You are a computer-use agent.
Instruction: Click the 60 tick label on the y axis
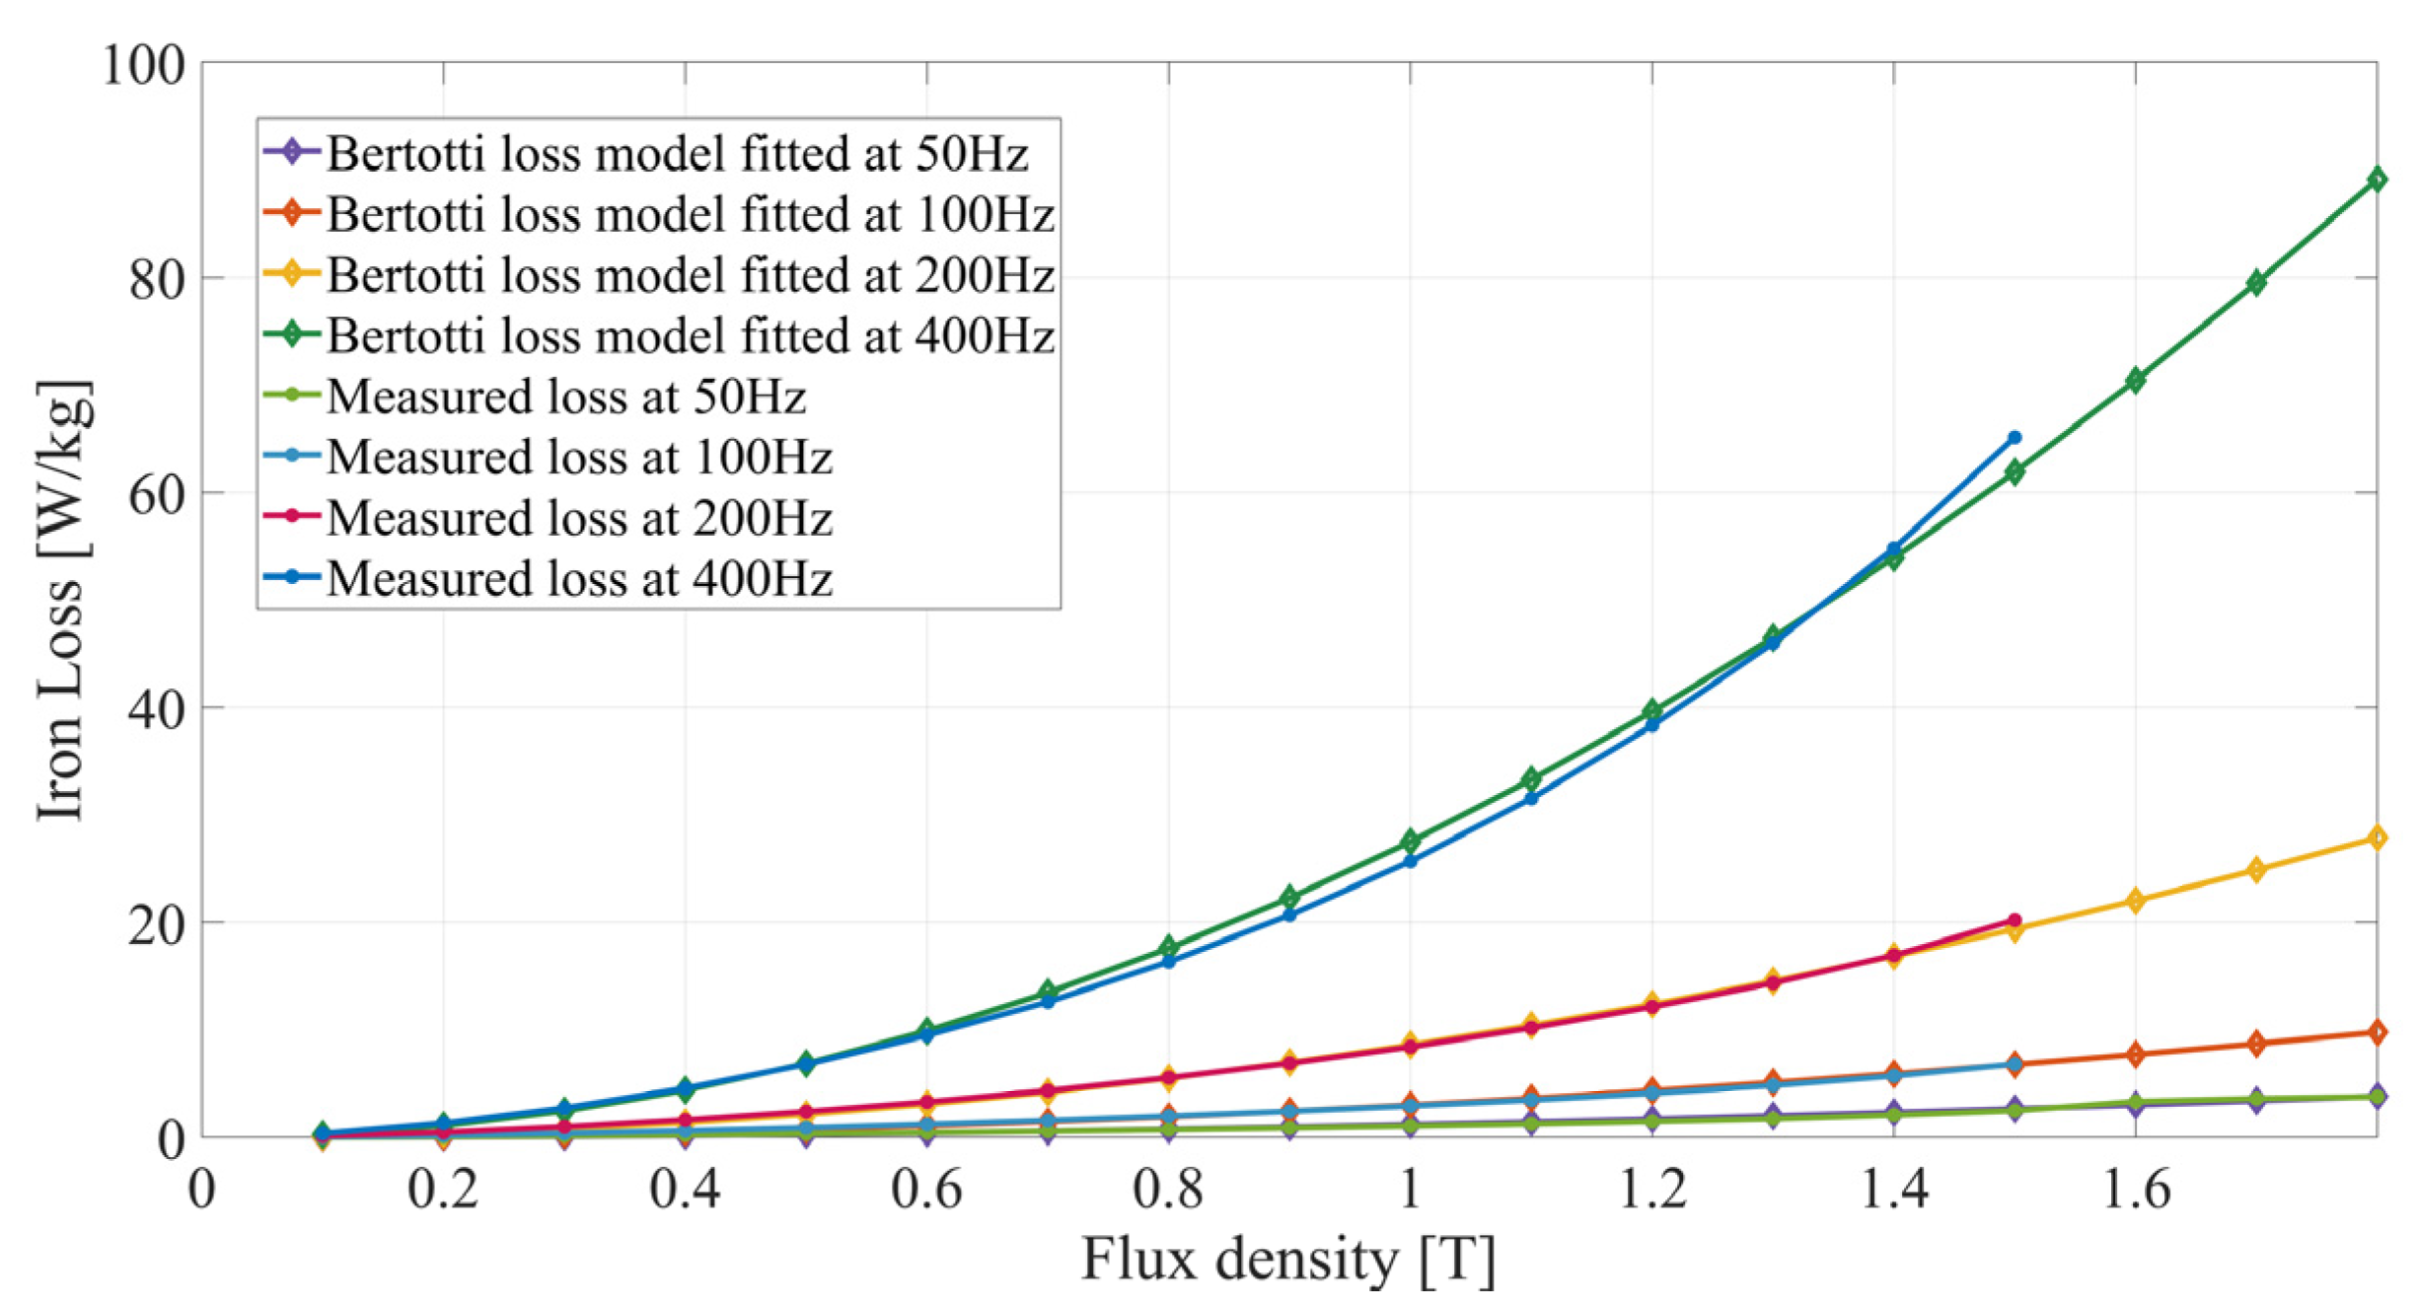coord(157,493)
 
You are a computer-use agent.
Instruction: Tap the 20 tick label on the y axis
coord(157,924)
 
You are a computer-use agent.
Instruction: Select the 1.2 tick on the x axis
coord(1652,1189)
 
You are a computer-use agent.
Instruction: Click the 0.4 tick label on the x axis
coord(685,1189)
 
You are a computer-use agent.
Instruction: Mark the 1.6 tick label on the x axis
coord(2136,1189)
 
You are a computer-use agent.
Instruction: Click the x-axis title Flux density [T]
coord(1288,1260)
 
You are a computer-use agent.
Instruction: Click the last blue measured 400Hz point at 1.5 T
coord(2014,437)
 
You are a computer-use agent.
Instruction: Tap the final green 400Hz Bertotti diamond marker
coord(2377,180)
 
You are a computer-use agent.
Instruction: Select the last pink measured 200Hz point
coord(2014,919)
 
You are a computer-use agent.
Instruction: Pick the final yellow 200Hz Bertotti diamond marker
coord(2377,837)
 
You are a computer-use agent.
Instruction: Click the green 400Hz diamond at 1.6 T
coord(2135,380)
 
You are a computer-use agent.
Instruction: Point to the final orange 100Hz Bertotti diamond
coord(2377,1032)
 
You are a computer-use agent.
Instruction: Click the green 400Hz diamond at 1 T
coord(1411,841)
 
